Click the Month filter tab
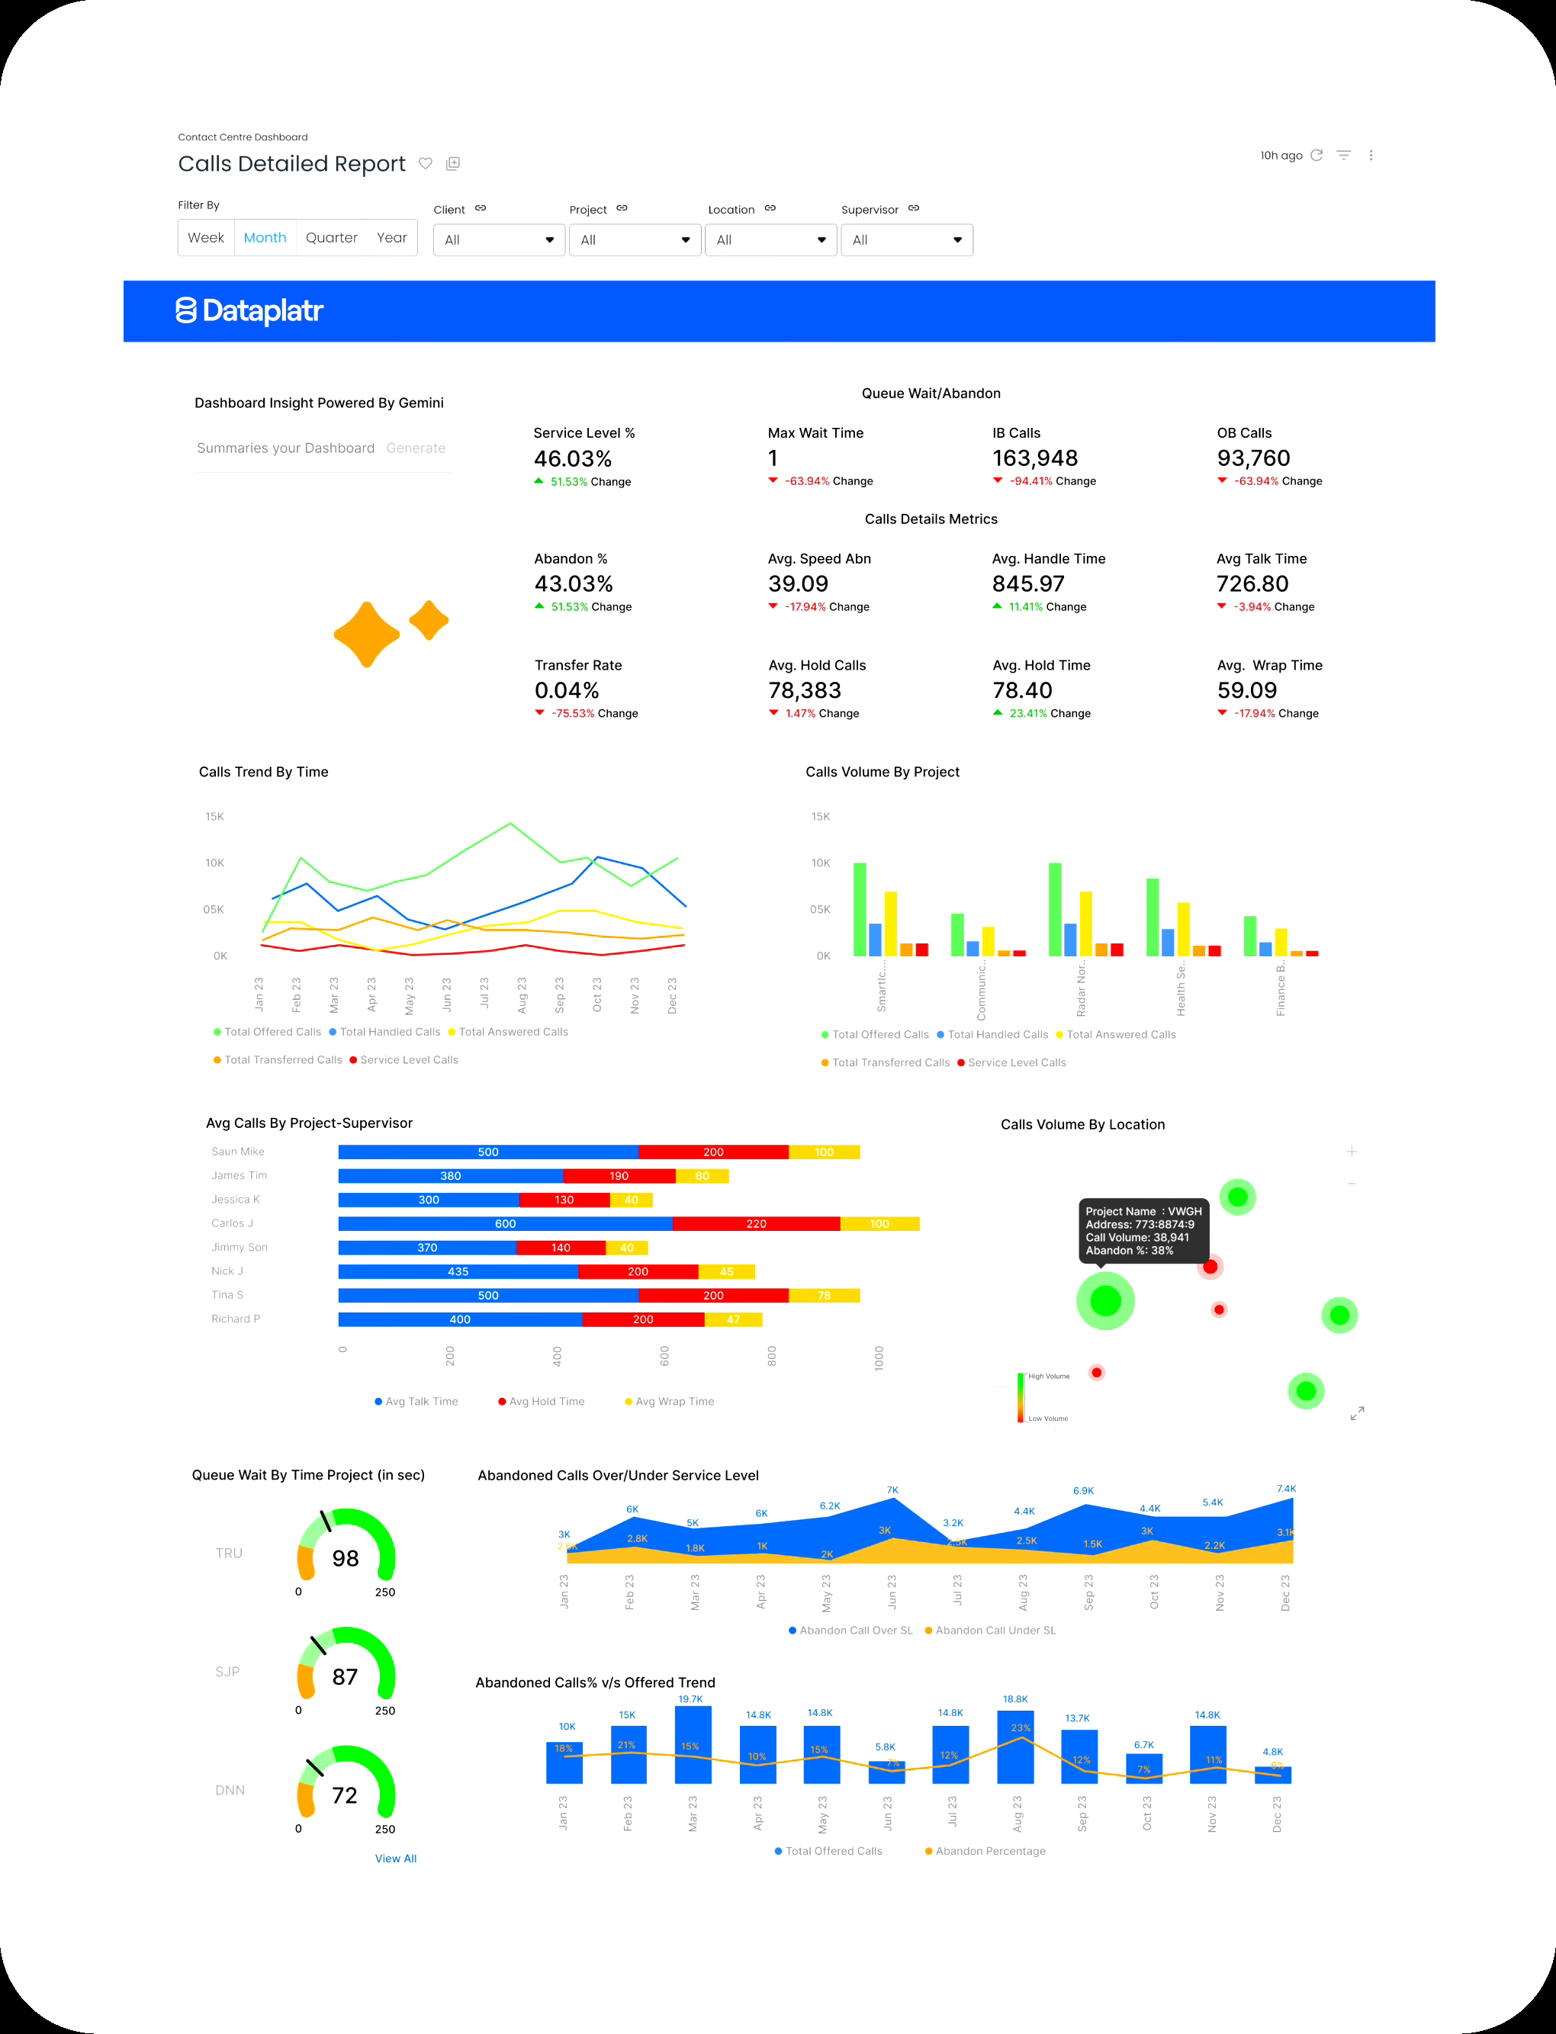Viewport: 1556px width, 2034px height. click(265, 238)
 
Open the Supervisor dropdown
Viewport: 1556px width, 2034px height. click(906, 239)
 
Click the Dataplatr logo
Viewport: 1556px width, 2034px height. click(249, 311)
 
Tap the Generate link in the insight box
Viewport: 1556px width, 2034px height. click(415, 448)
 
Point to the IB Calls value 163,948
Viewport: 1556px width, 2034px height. click(1034, 458)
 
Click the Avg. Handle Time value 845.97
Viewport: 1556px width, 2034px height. click(1027, 584)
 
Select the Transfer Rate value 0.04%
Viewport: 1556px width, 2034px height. click(566, 691)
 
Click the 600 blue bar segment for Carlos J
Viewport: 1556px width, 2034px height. click(505, 1224)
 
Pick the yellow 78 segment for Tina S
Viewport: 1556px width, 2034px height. click(824, 1295)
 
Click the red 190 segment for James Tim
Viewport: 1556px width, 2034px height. click(619, 1176)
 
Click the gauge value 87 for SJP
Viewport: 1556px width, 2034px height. click(345, 1676)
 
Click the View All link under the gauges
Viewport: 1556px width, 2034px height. click(395, 1858)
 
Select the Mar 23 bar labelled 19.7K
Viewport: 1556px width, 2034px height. click(693, 1744)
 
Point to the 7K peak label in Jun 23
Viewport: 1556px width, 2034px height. click(892, 1489)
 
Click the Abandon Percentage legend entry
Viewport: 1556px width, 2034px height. click(989, 1851)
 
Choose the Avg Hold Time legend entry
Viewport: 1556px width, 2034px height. click(545, 1402)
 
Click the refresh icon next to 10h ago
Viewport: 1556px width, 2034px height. click(1316, 156)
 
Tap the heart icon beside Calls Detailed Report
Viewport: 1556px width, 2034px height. click(425, 164)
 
